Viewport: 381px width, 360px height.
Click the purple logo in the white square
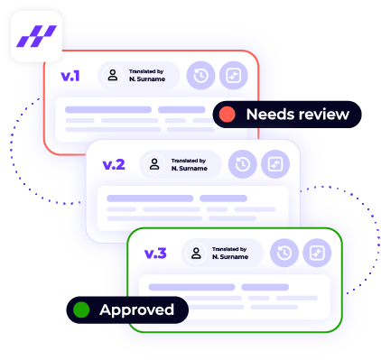tap(36, 36)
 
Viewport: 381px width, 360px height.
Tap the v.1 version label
tap(70, 76)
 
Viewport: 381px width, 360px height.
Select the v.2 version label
tap(113, 164)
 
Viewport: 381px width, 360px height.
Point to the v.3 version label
tap(155, 253)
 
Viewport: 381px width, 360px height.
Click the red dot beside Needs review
tap(228, 115)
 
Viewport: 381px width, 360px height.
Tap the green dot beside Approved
tap(81, 310)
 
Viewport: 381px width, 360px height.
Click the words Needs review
tap(297, 115)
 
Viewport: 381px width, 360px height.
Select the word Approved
tap(136, 310)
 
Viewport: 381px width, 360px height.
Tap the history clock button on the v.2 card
tap(241, 164)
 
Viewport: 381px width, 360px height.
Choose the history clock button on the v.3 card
tap(283, 254)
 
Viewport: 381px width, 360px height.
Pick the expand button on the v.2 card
tap(274, 164)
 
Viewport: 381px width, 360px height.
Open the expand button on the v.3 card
tap(316, 254)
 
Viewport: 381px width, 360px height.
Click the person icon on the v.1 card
tap(112, 76)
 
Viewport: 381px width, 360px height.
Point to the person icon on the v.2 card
tap(154, 164)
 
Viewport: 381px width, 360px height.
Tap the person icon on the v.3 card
tap(197, 254)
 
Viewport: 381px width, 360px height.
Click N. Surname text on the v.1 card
tap(145, 79)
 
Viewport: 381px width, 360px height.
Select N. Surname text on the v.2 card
tap(188, 168)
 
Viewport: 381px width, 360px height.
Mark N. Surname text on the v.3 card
tap(230, 257)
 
